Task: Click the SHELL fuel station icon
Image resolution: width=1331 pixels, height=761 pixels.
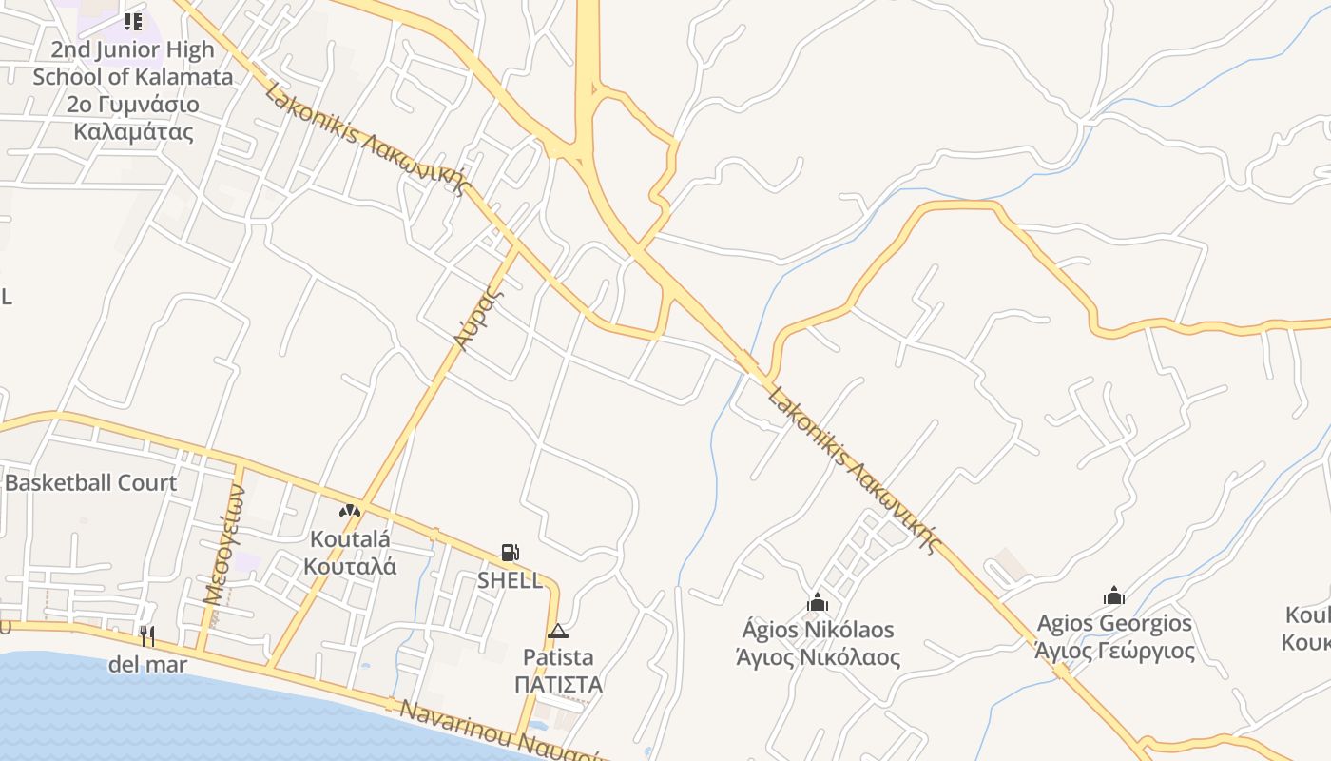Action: coord(510,553)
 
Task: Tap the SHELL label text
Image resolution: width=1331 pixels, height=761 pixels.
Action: coord(510,580)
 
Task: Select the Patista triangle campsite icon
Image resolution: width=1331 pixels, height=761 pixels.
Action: coord(558,631)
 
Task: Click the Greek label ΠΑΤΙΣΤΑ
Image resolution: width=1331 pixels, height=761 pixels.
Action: coord(558,685)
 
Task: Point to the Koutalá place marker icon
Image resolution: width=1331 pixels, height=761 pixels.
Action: coord(350,511)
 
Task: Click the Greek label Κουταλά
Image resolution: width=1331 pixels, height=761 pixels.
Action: coord(350,566)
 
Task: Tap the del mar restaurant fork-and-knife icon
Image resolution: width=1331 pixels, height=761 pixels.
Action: coord(146,636)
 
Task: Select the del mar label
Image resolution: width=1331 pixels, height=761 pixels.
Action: coord(147,664)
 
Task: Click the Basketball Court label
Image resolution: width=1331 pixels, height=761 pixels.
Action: coord(91,482)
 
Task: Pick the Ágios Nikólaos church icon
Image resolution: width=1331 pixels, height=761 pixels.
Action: coord(817,602)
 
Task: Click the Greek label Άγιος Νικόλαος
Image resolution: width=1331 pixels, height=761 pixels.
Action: coord(818,656)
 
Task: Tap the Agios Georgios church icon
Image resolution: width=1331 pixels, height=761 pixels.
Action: coord(1114,596)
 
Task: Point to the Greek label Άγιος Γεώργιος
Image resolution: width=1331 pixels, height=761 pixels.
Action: coord(1114,651)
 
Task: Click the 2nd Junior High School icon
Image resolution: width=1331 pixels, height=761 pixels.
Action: coord(133,21)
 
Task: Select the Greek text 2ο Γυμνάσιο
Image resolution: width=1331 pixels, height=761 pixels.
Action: coord(133,105)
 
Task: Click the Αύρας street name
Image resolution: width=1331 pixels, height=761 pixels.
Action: coord(476,318)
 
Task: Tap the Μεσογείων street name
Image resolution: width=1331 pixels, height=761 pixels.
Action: coord(222,542)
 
